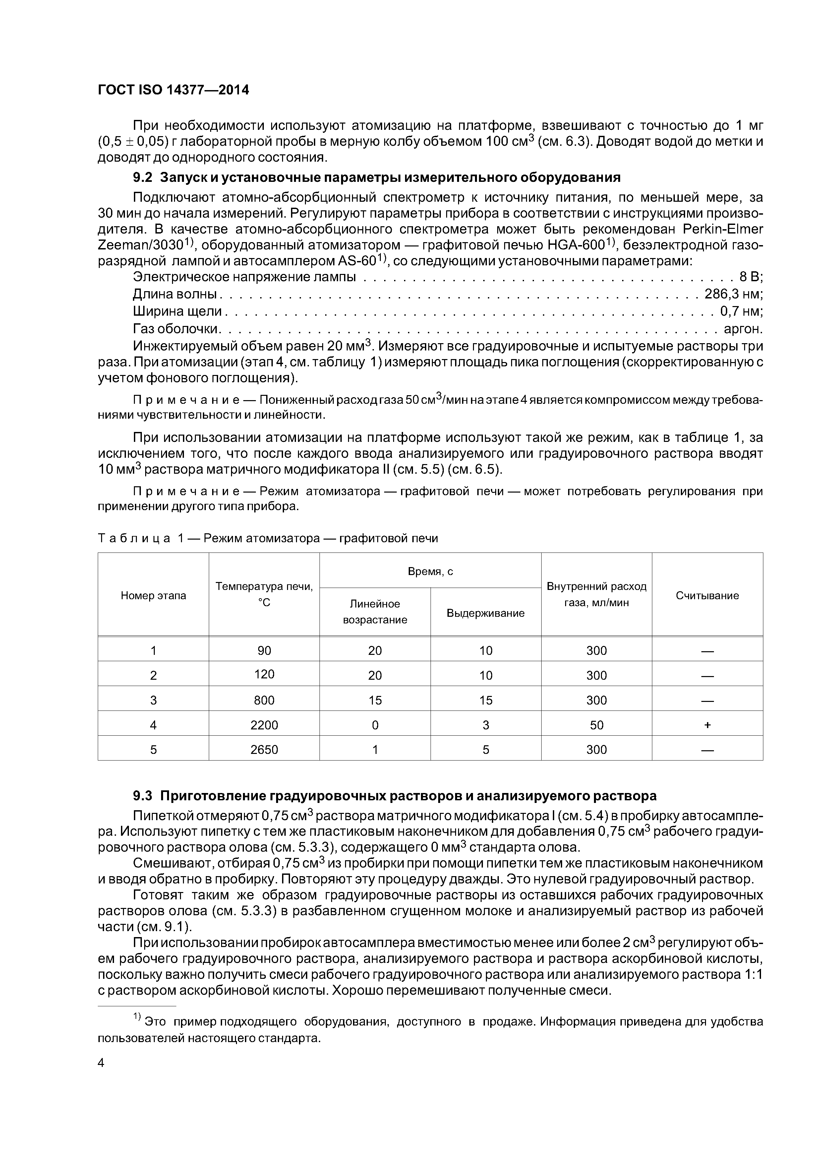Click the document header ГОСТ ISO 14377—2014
(x=173, y=90)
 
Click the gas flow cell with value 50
(x=597, y=725)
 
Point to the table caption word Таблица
(x=134, y=539)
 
